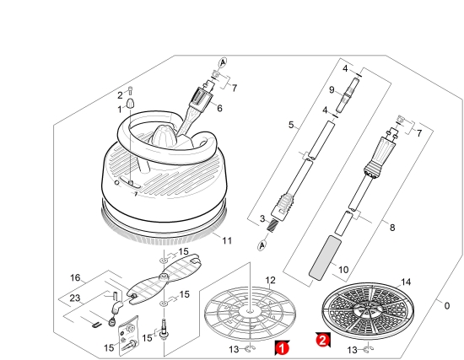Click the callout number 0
coord(447,305)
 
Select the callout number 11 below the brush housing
coord(227,240)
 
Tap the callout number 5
coord(291,125)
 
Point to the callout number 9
coord(332,89)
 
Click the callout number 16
coord(75,277)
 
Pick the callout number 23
coord(75,298)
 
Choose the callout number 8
coord(392,228)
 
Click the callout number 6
coord(219,108)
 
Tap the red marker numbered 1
coord(282,348)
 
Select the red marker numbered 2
coord(323,340)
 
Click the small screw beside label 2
coord(131,91)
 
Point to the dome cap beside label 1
coord(131,105)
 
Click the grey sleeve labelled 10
coord(325,258)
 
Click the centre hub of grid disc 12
coord(251,311)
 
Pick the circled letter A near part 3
coord(262,245)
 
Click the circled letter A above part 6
coord(223,62)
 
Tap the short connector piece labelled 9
coord(348,95)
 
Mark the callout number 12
coord(270,280)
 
